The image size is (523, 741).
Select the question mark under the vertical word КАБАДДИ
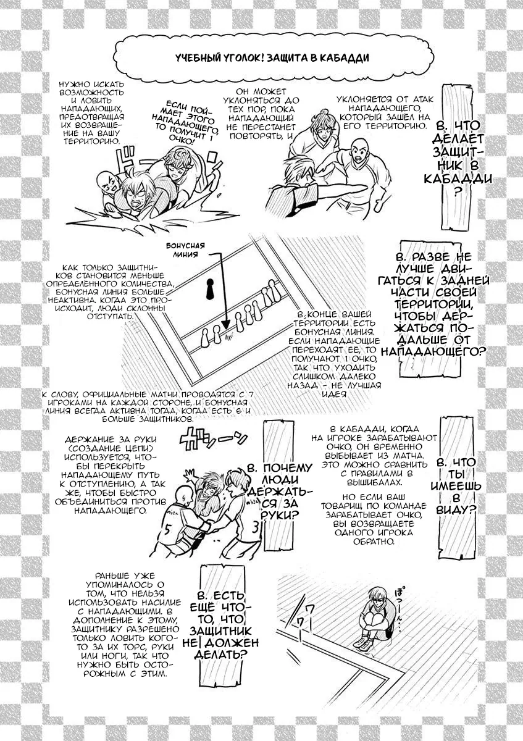pos(457,193)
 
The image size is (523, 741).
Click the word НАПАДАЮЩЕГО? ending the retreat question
pos(433,352)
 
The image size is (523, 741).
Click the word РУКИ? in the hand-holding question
pos(277,516)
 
